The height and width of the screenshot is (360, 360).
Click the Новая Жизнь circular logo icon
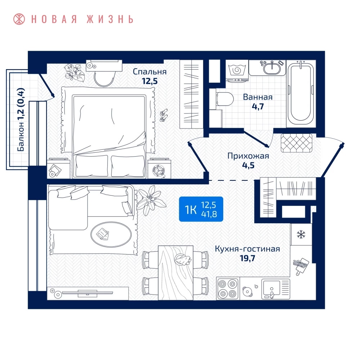19,19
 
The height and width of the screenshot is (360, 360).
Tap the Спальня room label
150,72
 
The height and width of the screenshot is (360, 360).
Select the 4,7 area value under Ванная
258,107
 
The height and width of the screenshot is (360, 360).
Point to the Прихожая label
248,156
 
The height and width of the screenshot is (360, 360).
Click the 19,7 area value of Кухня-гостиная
248,258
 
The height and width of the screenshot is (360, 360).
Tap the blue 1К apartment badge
201,209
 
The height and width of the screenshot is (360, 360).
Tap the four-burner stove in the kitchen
228,288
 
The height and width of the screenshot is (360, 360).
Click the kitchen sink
276,289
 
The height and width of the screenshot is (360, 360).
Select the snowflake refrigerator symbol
301,235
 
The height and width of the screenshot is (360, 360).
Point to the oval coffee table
111,234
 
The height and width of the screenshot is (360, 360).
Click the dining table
176,273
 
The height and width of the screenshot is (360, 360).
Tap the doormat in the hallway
296,143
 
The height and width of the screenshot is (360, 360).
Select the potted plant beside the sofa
150,199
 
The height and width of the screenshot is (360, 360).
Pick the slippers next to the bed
164,115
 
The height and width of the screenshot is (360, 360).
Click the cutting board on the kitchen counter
301,266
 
